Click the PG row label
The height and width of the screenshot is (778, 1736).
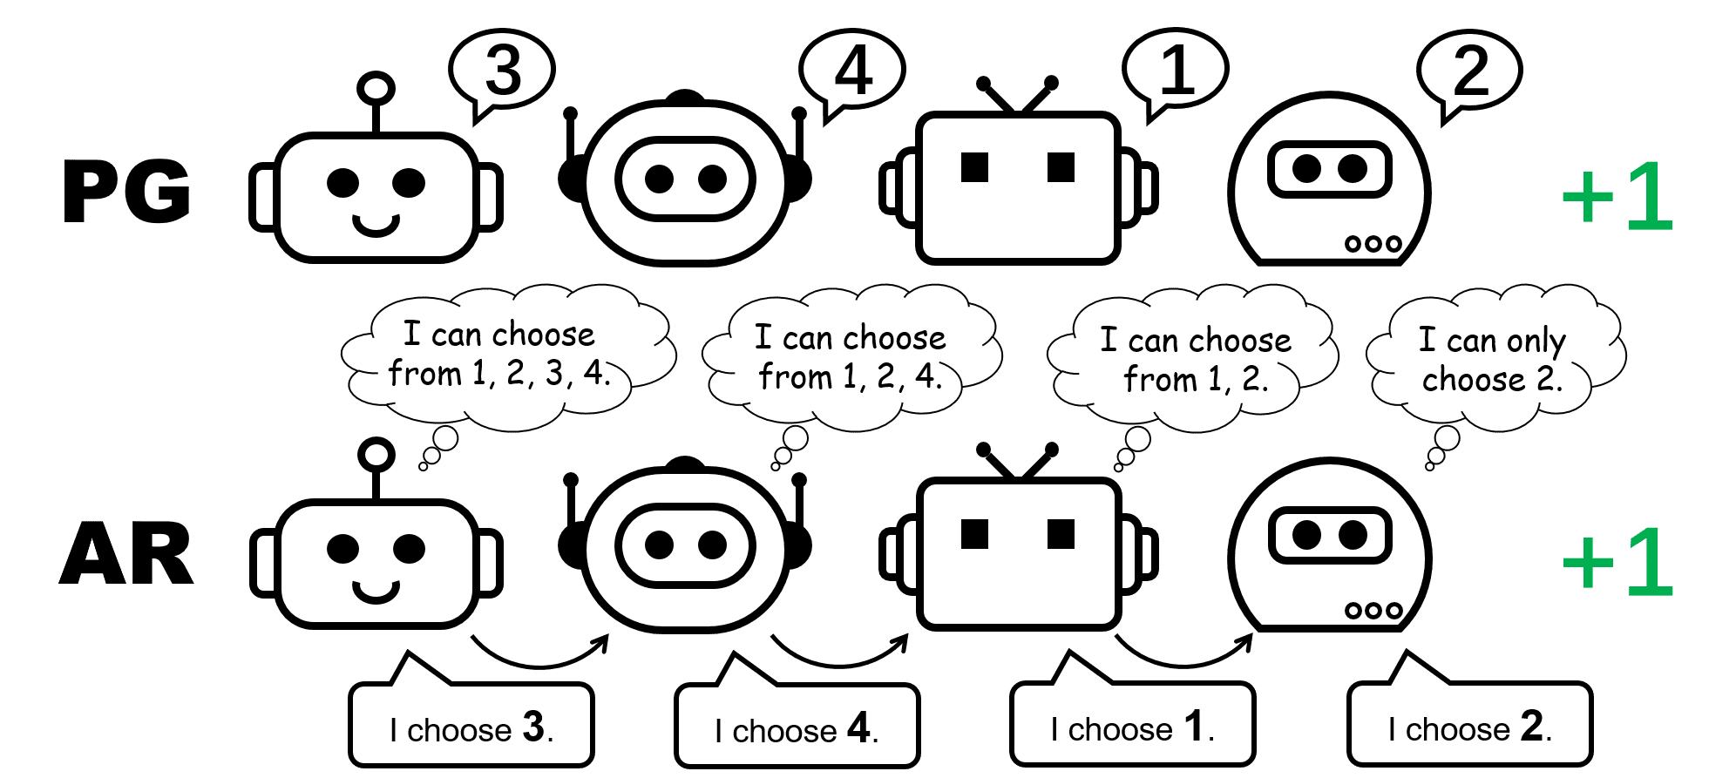(x=127, y=193)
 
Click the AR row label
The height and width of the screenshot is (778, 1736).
(x=127, y=554)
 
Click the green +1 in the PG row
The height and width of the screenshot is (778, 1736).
(x=1617, y=198)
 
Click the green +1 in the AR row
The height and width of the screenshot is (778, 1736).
(x=1617, y=564)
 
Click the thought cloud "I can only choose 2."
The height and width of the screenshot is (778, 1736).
(x=1493, y=359)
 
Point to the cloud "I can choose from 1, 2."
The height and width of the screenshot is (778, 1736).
(x=1194, y=359)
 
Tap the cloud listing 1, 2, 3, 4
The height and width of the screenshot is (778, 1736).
(x=500, y=355)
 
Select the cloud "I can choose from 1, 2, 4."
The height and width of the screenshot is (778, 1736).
(x=851, y=357)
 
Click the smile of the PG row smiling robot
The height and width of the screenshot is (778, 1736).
(x=376, y=226)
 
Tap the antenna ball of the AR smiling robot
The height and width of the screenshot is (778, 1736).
(x=376, y=454)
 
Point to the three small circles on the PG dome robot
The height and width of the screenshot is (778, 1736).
(x=1373, y=244)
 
